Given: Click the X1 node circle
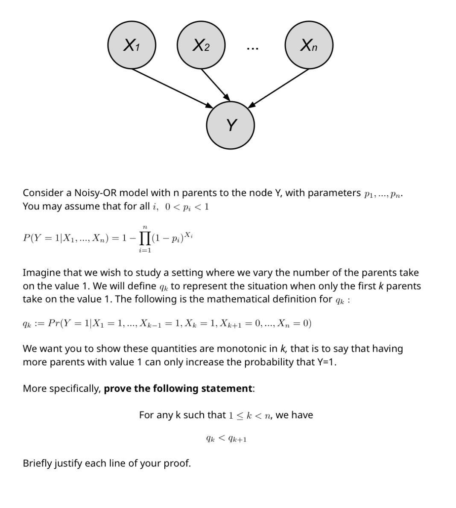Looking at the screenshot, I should point(132,45).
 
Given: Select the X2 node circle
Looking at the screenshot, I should point(201,45).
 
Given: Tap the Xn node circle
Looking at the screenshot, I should point(309,45).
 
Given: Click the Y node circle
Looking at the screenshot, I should point(231,125).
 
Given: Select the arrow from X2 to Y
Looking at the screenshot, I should point(216,84).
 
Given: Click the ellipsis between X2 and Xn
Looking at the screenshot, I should point(252,48).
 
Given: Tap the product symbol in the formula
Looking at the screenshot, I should point(145,238).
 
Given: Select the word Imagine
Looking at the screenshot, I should point(41,273).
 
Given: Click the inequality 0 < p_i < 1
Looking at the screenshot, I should point(187,207).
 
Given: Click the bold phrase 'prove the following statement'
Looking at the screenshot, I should point(178,388).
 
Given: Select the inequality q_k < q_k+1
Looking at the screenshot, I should point(226,439).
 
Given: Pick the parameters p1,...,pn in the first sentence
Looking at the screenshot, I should point(382,194).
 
